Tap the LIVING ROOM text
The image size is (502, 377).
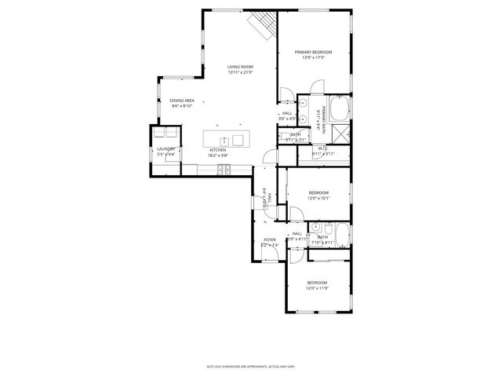tap(240, 67)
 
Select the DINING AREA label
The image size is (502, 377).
tap(183, 101)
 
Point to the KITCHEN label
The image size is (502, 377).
tap(218, 149)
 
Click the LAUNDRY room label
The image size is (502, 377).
tap(166, 148)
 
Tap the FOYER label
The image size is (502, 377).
tap(269, 240)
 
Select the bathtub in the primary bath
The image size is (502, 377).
tap(339, 107)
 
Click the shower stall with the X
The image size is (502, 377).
tap(343, 133)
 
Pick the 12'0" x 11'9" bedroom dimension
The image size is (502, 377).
tap(317, 288)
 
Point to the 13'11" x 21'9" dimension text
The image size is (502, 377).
tap(240, 72)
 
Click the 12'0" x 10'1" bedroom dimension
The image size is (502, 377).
tap(318, 198)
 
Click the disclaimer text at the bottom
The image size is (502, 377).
tap(250, 365)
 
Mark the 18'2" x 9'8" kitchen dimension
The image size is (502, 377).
tap(218, 155)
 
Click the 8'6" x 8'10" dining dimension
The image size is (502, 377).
tap(183, 106)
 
